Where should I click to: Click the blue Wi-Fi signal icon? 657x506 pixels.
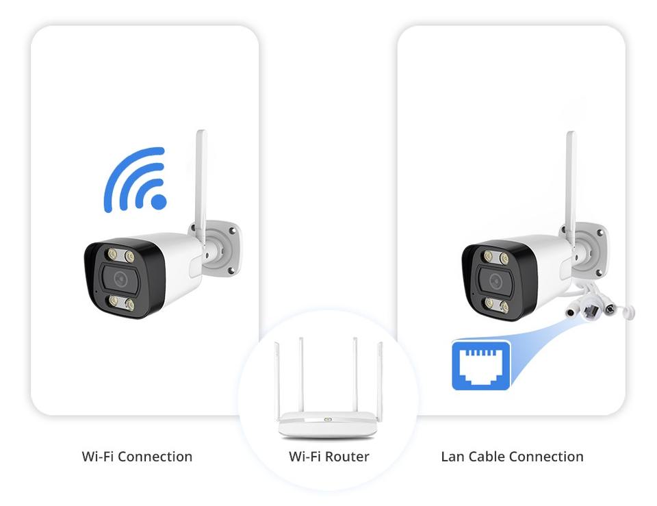pos(136,179)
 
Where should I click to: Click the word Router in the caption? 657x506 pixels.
pos(347,456)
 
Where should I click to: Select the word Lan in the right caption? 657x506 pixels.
pos(454,456)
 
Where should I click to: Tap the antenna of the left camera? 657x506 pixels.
pos(201,178)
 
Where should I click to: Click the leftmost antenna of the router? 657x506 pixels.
pos(277,377)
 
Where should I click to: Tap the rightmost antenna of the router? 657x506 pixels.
pos(381,377)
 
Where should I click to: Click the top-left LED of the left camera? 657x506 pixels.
pos(111,254)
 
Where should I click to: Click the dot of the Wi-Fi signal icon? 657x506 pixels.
pos(158,201)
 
